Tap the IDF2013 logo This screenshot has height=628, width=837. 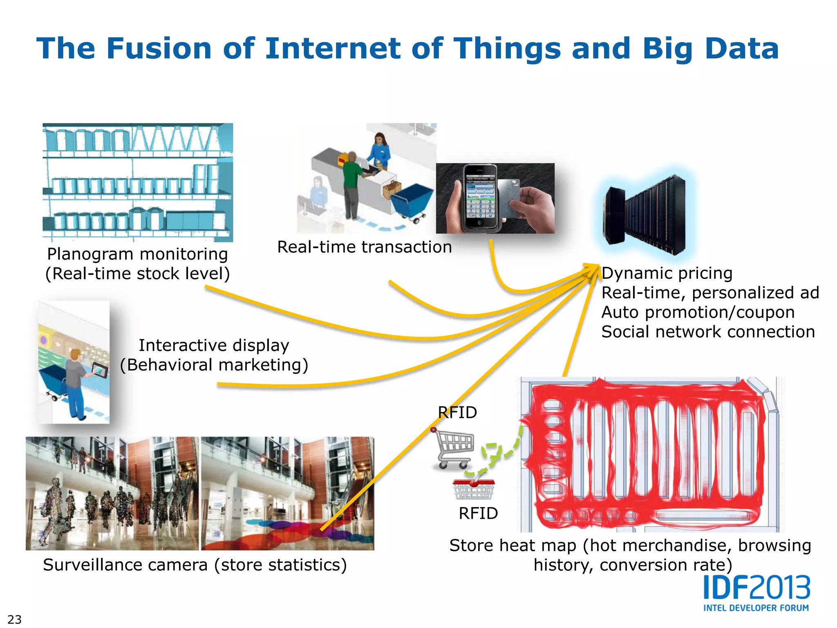(x=756, y=588)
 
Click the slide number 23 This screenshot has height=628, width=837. (x=14, y=619)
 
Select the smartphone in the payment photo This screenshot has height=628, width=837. (x=480, y=197)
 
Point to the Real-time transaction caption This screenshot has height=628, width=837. (x=364, y=247)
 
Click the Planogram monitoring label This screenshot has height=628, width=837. (x=137, y=254)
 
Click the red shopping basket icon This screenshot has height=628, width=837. (x=474, y=489)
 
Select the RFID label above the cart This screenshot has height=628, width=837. (x=457, y=413)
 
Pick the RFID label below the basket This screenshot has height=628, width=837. (x=478, y=514)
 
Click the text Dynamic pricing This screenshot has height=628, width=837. (x=667, y=273)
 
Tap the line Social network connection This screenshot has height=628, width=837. (x=708, y=332)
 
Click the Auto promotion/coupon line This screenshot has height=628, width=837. (x=698, y=312)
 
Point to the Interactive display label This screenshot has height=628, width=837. (x=214, y=346)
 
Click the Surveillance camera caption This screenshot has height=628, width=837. (x=195, y=565)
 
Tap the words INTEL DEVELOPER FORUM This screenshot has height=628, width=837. (x=756, y=608)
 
